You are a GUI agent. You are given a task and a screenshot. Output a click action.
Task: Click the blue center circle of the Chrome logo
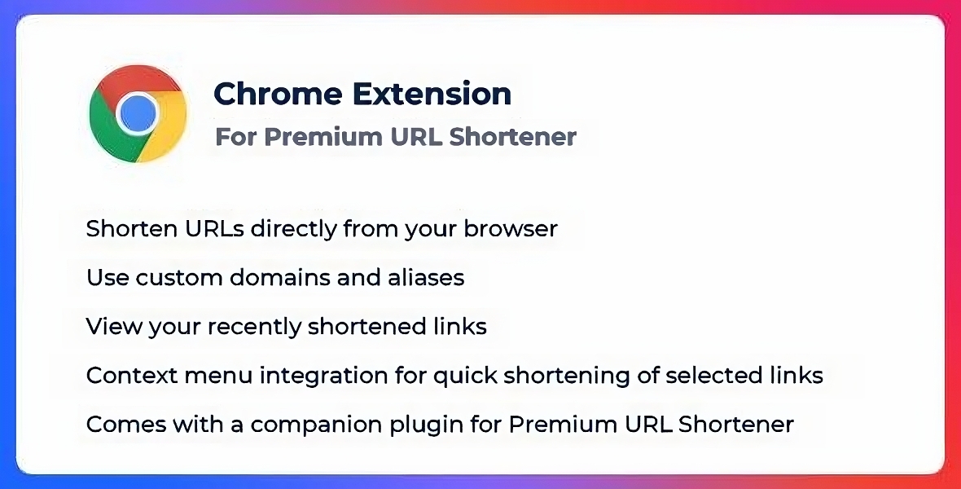pyautogui.click(x=138, y=113)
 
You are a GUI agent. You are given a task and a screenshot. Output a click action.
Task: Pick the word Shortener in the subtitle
pyautogui.click(x=512, y=136)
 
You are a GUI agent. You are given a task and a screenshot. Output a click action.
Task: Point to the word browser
pyautogui.click(x=511, y=228)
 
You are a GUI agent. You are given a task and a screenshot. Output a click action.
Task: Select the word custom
pyautogui.click(x=179, y=278)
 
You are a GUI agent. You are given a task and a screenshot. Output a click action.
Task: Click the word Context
pyautogui.click(x=121, y=376)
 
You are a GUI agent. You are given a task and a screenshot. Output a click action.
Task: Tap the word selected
pyautogui.click(x=717, y=376)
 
